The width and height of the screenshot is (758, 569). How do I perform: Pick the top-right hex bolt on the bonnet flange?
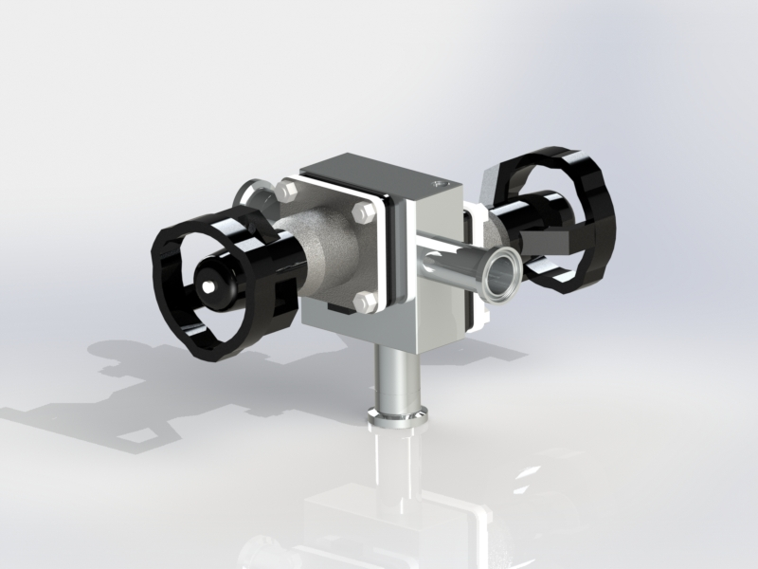click(362, 214)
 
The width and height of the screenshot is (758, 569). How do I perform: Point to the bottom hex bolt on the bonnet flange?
click(361, 303)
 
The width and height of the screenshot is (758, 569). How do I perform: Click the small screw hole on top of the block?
click(437, 180)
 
